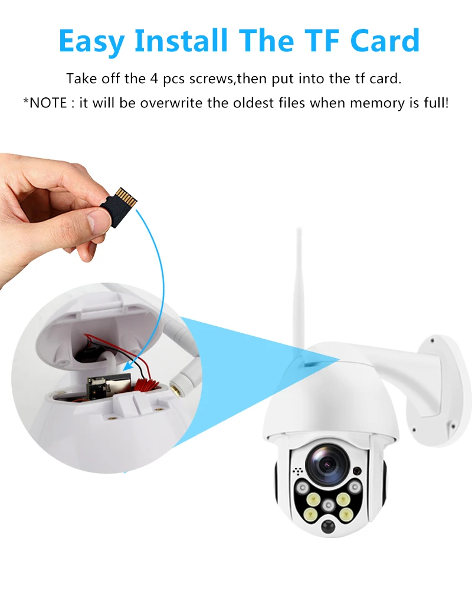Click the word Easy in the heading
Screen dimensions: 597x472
tap(92, 40)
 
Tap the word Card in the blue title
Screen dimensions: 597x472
tap(384, 40)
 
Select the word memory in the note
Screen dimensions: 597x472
tap(375, 103)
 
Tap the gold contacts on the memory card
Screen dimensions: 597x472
tap(127, 196)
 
